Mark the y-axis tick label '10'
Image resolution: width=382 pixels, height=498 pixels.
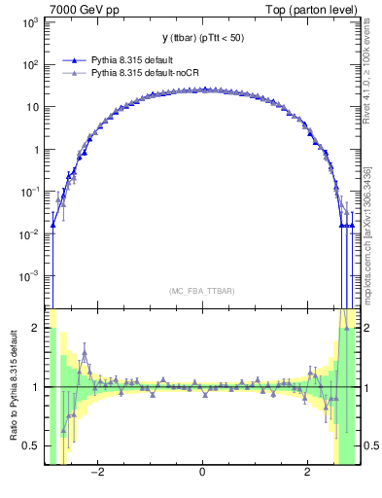coord(32,108)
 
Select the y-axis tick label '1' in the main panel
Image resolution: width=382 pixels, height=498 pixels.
coord(36,151)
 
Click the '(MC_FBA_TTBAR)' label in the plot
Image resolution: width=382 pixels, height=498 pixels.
coord(201,291)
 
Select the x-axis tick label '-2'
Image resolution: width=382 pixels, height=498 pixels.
coord(96,473)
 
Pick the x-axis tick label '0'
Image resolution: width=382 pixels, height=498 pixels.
coord(201,473)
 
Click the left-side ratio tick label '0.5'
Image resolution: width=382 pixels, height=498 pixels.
coord(31,445)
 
